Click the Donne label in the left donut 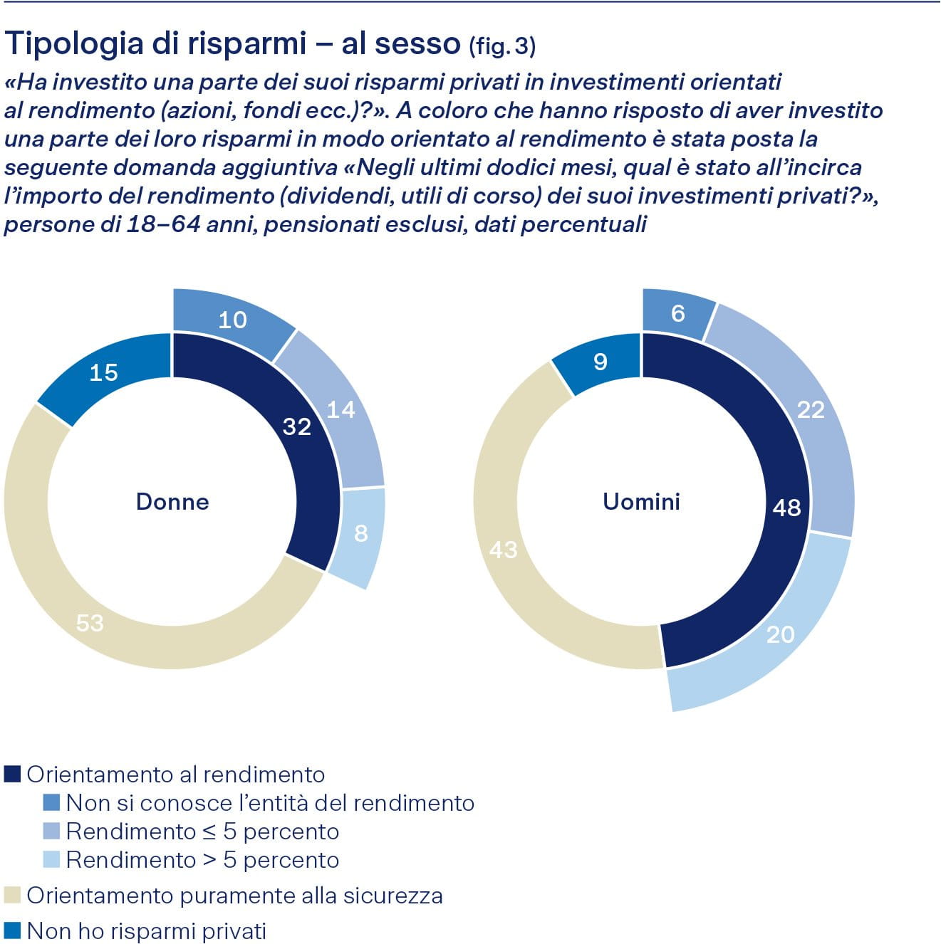[x=172, y=502]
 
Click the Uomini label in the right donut [x=641, y=502]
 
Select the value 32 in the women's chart [x=297, y=426]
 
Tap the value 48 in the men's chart [x=786, y=508]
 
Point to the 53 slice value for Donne [x=90, y=623]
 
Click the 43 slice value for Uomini [x=504, y=550]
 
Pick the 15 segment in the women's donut [x=104, y=372]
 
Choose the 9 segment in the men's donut [x=601, y=362]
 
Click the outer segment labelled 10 [x=232, y=320]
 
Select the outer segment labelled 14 [x=340, y=409]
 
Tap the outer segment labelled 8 [x=360, y=533]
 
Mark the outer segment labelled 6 [x=677, y=313]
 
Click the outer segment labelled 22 [x=811, y=409]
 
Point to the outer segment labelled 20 [x=780, y=634]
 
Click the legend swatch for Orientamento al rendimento [x=12, y=775]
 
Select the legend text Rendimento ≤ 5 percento [x=202, y=832]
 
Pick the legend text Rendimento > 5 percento [x=202, y=860]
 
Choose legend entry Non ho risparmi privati [x=146, y=931]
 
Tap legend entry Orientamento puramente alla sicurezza [x=234, y=896]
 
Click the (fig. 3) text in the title [x=502, y=46]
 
